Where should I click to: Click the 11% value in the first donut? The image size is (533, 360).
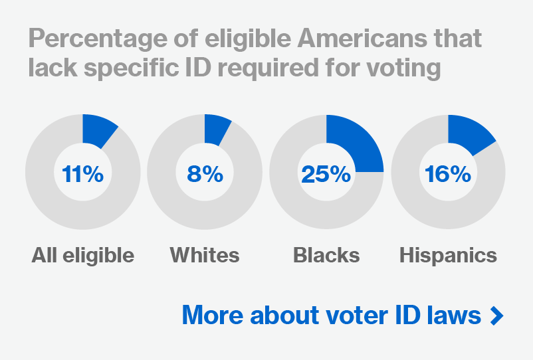click(82, 174)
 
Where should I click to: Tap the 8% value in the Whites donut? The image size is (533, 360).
click(205, 174)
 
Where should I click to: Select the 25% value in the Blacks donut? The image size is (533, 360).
click(326, 174)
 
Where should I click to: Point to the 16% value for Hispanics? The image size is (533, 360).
click(448, 174)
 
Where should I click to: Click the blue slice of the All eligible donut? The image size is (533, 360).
click(96, 130)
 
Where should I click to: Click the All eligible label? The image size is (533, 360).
click(82, 255)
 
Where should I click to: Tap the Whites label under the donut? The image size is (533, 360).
click(205, 255)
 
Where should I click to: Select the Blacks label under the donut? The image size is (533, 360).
click(326, 255)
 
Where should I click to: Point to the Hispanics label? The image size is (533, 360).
click(448, 255)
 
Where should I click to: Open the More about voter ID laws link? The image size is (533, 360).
click(331, 315)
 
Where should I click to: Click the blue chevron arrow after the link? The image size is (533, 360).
click(496, 315)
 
